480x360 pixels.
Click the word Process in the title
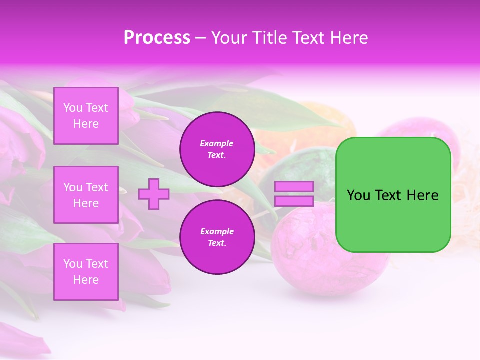click(157, 38)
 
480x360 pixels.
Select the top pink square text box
click(86, 116)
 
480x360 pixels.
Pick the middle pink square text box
click(86, 195)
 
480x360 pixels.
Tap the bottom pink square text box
click(86, 272)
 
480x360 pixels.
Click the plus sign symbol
click(154, 194)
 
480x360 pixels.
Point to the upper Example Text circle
click(217, 149)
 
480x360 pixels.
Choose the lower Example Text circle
click(217, 237)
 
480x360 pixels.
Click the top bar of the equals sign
click(294, 187)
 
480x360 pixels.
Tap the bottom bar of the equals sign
click(294, 201)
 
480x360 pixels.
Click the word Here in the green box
click(422, 195)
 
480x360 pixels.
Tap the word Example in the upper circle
click(217, 143)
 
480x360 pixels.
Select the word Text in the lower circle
click(217, 243)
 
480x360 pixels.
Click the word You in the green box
click(358, 195)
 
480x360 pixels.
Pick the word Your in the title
click(230, 38)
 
